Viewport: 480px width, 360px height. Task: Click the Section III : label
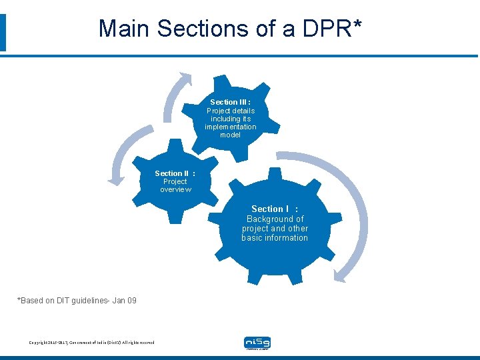pyautogui.click(x=230, y=103)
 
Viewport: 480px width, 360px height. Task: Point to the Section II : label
pyautogui.click(x=175, y=173)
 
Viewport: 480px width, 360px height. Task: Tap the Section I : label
pyautogui.click(x=275, y=209)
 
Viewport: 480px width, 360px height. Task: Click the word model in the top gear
pyautogui.click(x=230, y=135)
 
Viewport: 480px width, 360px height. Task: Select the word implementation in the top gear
pyautogui.click(x=230, y=127)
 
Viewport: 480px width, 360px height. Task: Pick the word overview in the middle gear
pyautogui.click(x=175, y=189)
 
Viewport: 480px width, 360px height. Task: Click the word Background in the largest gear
pyautogui.click(x=275, y=219)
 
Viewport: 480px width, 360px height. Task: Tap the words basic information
pyautogui.click(x=275, y=237)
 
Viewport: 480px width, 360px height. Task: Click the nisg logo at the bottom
pyautogui.click(x=257, y=343)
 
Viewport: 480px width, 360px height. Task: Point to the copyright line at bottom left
pyautogui.click(x=91, y=343)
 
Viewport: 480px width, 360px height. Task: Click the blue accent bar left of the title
pyautogui.click(x=3, y=32)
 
